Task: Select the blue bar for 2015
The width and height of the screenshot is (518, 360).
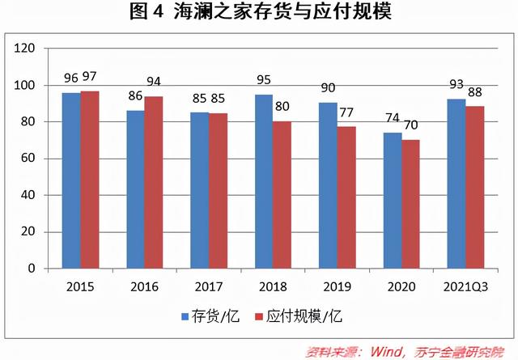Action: [x=71, y=180]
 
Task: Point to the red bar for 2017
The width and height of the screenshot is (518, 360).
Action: [x=218, y=190]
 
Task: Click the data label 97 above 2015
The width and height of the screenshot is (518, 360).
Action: [x=89, y=77]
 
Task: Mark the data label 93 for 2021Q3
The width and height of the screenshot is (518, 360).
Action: [x=456, y=85]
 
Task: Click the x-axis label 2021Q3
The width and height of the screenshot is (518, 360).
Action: [x=465, y=286]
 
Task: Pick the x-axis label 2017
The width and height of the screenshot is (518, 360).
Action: [x=209, y=286]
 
